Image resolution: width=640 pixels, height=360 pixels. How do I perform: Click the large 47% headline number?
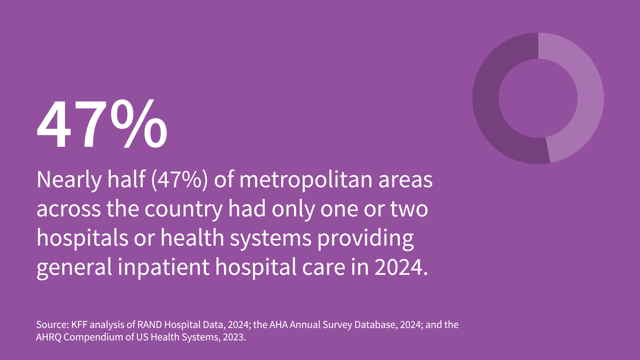coord(102,125)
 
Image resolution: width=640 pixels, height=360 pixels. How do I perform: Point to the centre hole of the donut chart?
coord(538,98)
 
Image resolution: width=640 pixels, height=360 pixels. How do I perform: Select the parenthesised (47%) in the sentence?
coord(180,180)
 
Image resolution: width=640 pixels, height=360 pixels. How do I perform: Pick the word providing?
coord(366,238)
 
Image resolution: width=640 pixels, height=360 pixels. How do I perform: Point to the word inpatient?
coord(164,267)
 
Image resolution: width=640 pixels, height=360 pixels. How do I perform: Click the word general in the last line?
coord(74,267)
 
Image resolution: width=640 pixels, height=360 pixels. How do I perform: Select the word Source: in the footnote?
coord(52,324)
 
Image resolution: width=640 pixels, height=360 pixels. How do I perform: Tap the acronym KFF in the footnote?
coord(79,324)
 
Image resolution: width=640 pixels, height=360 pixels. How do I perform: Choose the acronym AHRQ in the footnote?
coord(48,337)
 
